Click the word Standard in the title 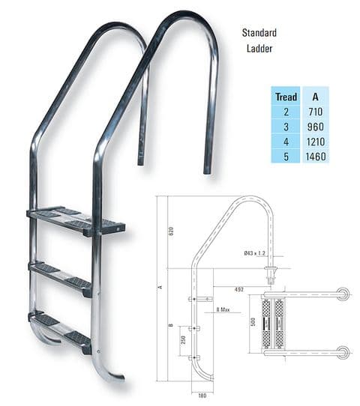pyautogui.click(x=259, y=34)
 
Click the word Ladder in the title pyautogui.click(x=259, y=50)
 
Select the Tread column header pyautogui.click(x=286, y=97)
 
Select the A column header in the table pyautogui.click(x=315, y=97)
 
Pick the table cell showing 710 pyautogui.click(x=315, y=112)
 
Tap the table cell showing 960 pyautogui.click(x=315, y=127)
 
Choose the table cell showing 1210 pyautogui.click(x=315, y=142)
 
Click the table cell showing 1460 pyautogui.click(x=315, y=157)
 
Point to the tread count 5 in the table pyautogui.click(x=286, y=157)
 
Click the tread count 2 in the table pyautogui.click(x=286, y=112)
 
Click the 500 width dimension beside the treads pyautogui.click(x=253, y=321)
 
